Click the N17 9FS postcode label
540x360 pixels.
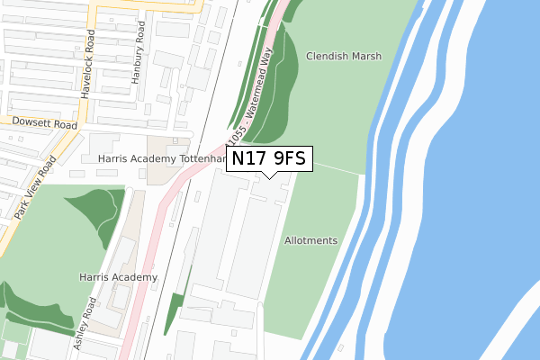coord(269,159)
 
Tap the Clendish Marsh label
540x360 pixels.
coord(344,56)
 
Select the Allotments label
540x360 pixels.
coord(310,241)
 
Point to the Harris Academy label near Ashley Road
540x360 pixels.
coord(117,277)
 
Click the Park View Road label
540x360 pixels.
coord(36,189)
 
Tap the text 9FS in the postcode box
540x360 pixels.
coord(290,159)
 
